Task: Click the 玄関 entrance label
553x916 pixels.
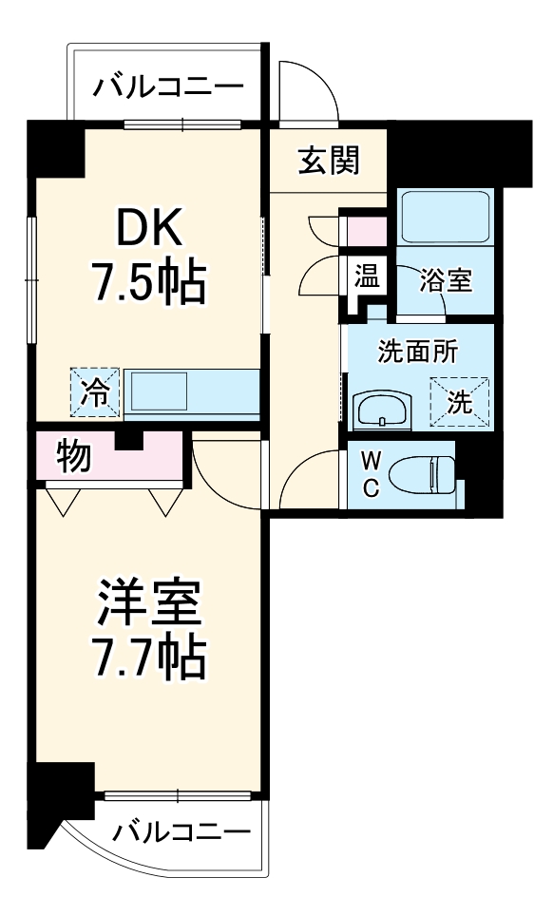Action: click(x=329, y=162)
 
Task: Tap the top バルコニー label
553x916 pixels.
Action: click(x=167, y=88)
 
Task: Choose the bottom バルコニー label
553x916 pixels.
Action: click(x=181, y=833)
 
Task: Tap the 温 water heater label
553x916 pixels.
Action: click(x=367, y=277)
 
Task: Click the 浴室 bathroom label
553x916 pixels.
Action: click(x=446, y=281)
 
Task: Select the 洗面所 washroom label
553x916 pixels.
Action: click(x=418, y=351)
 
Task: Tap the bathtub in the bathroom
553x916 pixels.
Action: click(x=444, y=218)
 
